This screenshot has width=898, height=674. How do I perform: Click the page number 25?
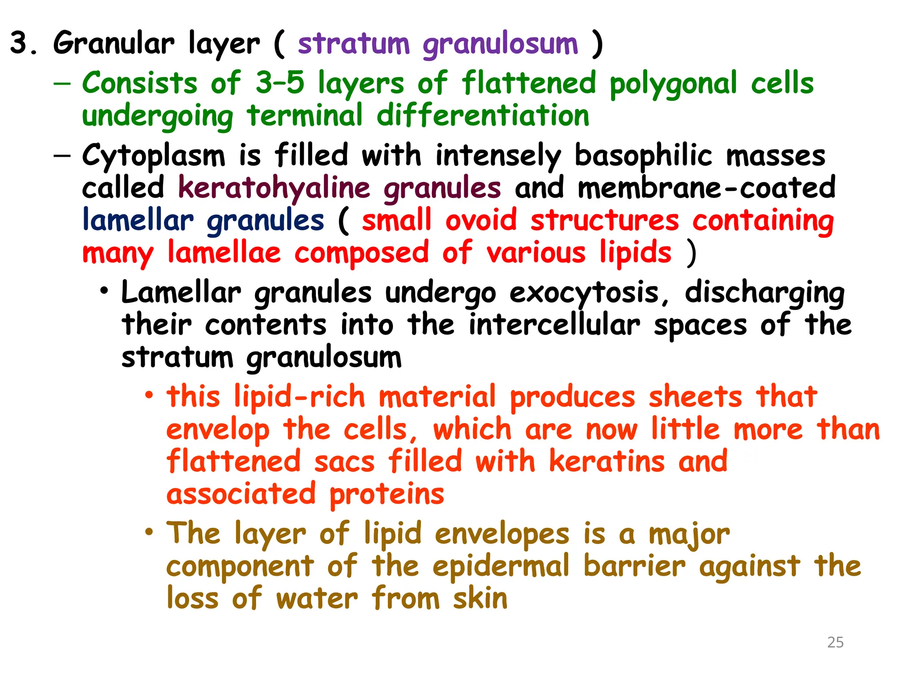point(835,642)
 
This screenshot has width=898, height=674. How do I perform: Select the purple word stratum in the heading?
point(353,44)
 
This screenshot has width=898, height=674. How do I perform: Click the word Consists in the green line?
point(139,83)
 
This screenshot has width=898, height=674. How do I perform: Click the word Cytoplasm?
point(153,156)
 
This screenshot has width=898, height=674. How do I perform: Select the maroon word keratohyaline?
point(274,189)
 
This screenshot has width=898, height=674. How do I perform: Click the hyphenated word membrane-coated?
point(706,188)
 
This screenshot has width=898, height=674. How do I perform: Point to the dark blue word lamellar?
point(138,220)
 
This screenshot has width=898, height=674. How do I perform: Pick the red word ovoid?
point(481,220)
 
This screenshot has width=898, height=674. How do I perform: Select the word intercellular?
point(554,325)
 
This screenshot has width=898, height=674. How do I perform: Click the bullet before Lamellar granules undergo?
point(104,290)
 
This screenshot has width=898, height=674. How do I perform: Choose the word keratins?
point(607,462)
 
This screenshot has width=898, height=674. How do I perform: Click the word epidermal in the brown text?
point(501,566)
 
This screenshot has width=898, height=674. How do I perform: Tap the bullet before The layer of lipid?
point(150,531)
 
